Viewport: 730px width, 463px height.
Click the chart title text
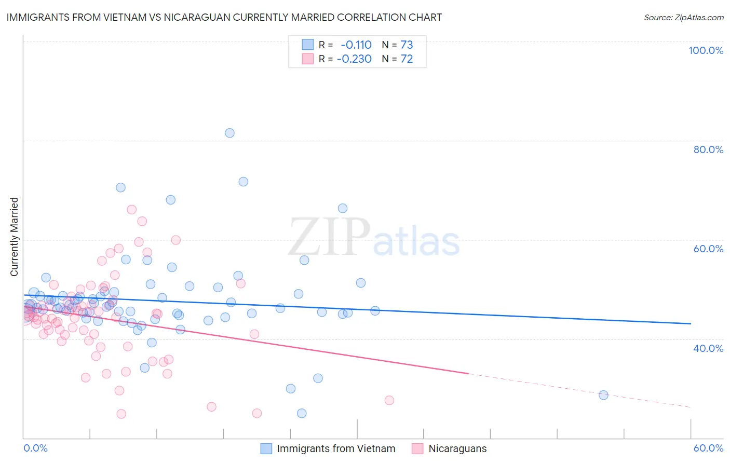(224, 17)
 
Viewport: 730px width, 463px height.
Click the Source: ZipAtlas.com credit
(683, 17)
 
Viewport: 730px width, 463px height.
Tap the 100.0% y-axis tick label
(706, 50)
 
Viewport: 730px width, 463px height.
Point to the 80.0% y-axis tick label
(708, 149)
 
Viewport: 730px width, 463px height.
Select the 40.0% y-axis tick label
(708, 348)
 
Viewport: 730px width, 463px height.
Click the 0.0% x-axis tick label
(35, 448)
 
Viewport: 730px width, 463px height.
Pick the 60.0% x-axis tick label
(708, 448)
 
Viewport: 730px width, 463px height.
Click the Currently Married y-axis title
(14, 237)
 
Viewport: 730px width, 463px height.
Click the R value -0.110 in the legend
(356, 45)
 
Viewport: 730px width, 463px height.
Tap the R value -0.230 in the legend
(354, 59)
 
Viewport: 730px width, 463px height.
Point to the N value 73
(407, 45)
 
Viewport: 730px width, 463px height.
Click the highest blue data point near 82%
(229, 133)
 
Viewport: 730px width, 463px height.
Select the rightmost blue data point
(603, 395)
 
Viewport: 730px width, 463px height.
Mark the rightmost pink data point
(389, 400)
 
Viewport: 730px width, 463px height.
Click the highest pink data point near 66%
(131, 210)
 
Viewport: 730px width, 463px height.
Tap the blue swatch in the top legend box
(308, 45)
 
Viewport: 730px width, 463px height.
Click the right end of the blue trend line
(690, 323)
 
